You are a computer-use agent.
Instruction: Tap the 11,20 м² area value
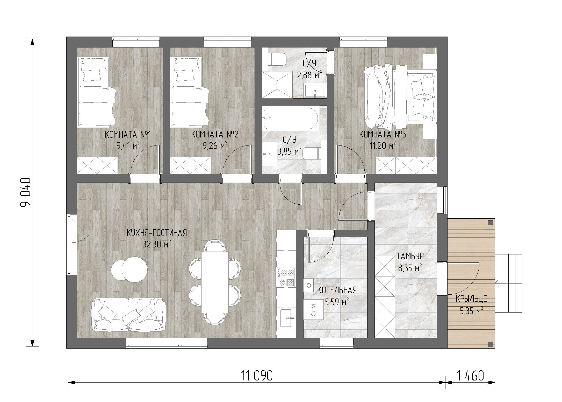tap(383, 145)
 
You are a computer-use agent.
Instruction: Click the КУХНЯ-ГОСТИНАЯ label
tap(157, 233)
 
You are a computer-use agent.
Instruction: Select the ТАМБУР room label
tap(410, 256)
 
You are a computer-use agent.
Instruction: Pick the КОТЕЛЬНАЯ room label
tap(337, 290)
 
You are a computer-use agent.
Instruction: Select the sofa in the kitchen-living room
tap(128, 314)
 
